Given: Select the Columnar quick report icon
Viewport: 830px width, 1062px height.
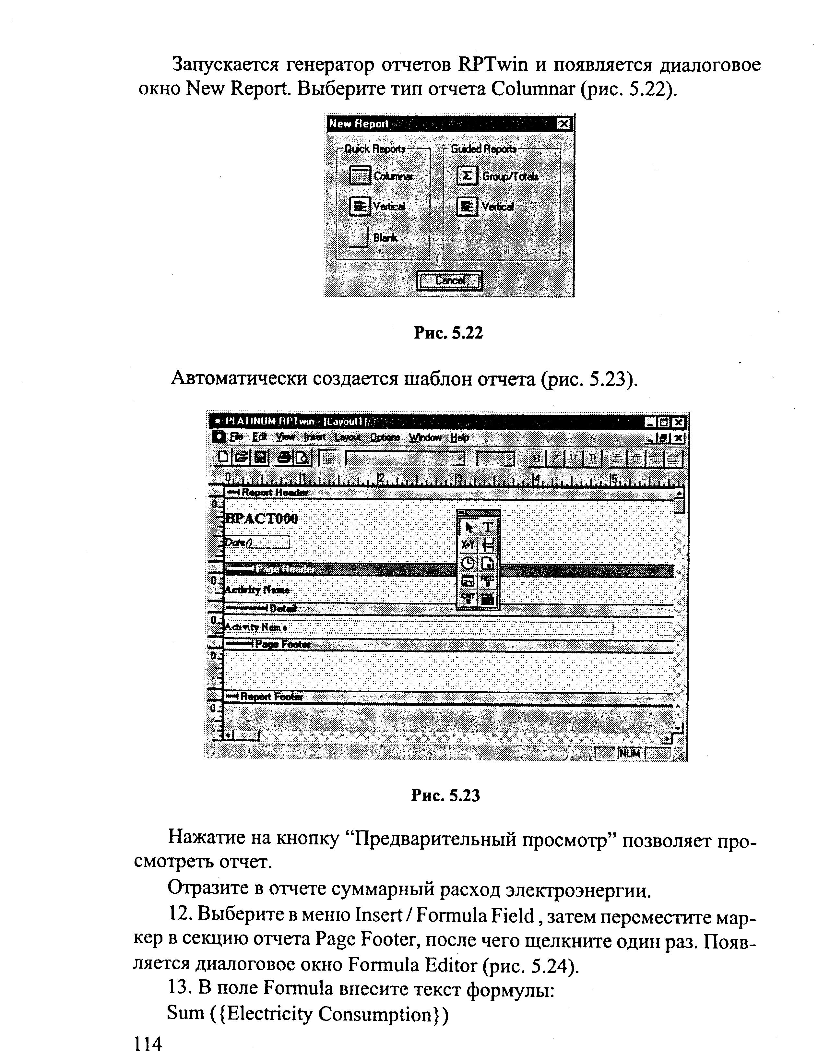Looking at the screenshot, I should [x=360, y=175].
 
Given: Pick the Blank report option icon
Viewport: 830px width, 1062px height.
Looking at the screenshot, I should [x=359, y=238].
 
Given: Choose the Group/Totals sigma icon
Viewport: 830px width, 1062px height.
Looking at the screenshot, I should [x=467, y=175].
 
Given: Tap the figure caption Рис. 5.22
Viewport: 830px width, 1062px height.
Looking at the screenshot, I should [x=448, y=333].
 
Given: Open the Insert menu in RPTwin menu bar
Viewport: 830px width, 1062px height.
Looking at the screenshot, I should [x=314, y=437].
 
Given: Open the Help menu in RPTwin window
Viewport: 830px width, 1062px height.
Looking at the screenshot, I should [x=459, y=437].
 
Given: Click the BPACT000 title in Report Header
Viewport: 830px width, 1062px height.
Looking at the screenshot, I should [x=262, y=519].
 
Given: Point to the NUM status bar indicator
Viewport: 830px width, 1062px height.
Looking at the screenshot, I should [x=629, y=753].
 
